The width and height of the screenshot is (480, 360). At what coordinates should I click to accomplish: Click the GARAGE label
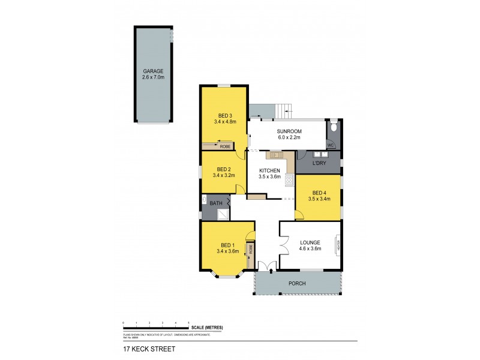pos(153,71)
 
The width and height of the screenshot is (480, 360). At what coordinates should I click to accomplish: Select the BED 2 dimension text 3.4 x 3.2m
pos(224,175)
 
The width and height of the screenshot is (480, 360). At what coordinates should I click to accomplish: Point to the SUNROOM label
pos(289,131)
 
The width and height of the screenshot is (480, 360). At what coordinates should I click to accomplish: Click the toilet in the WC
pos(333,127)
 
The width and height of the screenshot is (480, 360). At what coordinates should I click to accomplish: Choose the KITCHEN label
pos(269,171)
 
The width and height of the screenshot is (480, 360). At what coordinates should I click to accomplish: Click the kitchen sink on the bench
pos(276,155)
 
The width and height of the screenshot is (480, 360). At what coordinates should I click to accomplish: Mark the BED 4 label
pos(319,193)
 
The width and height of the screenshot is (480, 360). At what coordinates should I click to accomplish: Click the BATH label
pos(215,203)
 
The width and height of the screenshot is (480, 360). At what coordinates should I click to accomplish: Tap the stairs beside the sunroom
pos(284,110)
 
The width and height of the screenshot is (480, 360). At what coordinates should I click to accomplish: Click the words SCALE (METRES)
pos(207,327)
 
